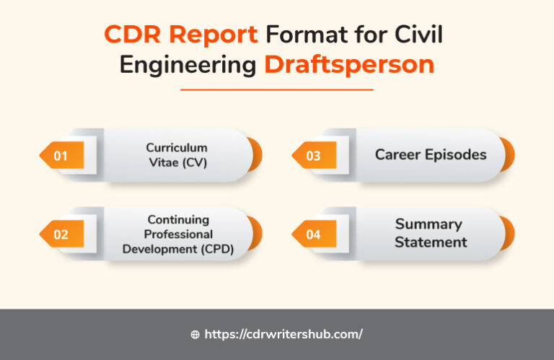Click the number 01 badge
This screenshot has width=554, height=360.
(x=61, y=155)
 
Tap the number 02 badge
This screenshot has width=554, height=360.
(x=61, y=234)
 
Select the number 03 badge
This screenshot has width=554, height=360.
(x=314, y=155)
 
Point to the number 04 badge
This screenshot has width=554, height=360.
(x=314, y=234)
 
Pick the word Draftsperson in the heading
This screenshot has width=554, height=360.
(x=349, y=65)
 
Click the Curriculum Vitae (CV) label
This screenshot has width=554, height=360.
(x=176, y=155)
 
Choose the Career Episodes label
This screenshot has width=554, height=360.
(x=431, y=154)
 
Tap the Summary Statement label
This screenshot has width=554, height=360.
(x=430, y=232)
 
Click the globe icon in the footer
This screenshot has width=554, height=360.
(x=195, y=335)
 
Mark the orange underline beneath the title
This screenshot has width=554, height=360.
(x=276, y=89)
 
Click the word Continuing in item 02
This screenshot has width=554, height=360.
(x=178, y=219)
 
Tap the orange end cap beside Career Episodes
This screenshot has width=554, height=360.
(x=509, y=155)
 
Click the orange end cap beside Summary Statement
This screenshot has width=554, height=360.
(x=509, y=234)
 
